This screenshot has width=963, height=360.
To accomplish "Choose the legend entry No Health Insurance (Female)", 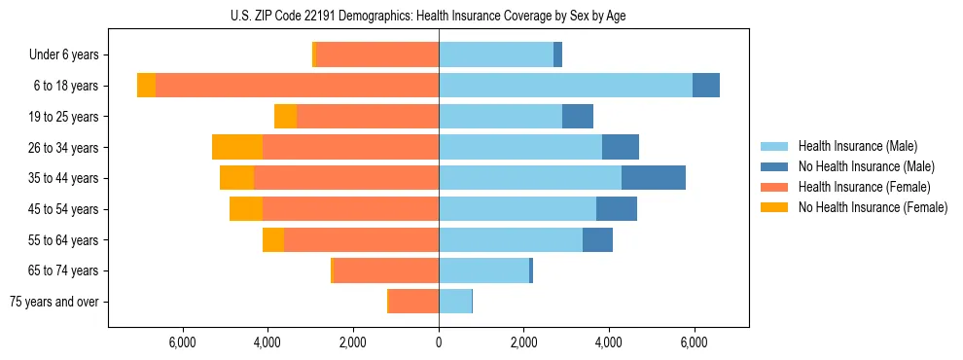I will pos(873,207).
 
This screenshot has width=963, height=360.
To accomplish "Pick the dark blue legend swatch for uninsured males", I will pos(773,166).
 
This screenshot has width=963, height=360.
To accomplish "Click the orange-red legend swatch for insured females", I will pos(773,187).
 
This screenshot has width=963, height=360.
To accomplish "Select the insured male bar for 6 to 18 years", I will pos(565,86).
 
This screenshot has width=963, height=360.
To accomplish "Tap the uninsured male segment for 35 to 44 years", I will pos(654,178).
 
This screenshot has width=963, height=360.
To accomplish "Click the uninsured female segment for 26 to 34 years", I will pos(237,147).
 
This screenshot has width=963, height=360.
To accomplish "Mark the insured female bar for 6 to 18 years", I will pos(297,86).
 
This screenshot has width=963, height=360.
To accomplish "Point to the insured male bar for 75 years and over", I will pos(455,302).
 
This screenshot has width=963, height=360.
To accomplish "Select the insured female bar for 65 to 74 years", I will pos(386,270).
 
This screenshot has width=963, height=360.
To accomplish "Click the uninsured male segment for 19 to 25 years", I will pos(578,117).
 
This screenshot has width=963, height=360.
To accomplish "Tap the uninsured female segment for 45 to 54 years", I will pos(246,209).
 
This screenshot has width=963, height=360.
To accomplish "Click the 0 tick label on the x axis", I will pos(439,342).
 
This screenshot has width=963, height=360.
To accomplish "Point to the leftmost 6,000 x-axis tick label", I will pos(183,342).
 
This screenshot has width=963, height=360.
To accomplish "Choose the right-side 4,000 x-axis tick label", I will pos(609,342).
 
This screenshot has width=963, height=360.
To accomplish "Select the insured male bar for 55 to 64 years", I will pos(511,239).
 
